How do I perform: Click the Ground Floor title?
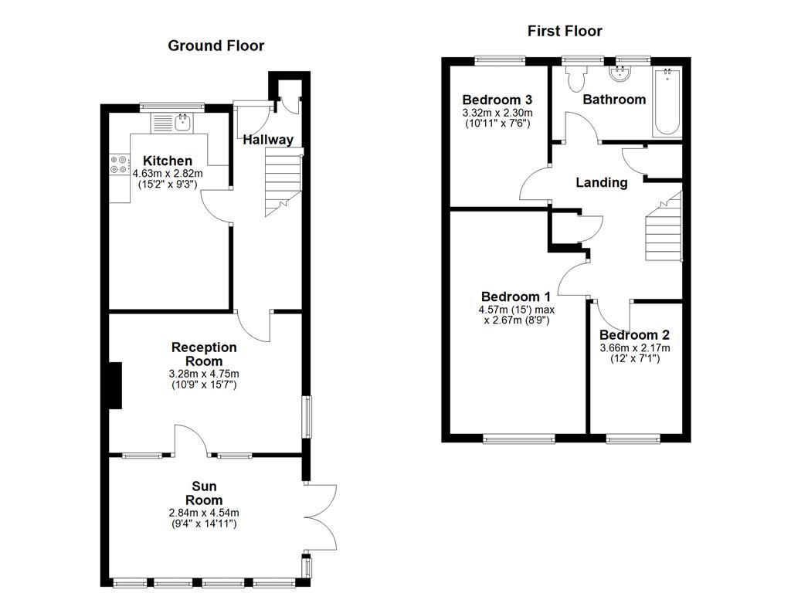(x=216, y=46)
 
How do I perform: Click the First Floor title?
(x=565, y=31)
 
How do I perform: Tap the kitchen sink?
(x=183, y=121)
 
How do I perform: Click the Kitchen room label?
(x=168, y=161)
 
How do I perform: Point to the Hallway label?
(x=268, y=140)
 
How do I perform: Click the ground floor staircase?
(x=282, y=184)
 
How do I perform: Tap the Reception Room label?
(x=204, y=354)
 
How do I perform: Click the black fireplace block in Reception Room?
(x=115, y=385)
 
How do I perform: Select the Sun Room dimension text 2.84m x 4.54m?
(x=204, y=513)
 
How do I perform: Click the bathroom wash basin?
(x=620, y=74)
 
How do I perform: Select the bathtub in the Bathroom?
(x=667, y=103)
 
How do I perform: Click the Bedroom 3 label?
(x=497, y=100)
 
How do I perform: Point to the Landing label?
(x=602, y=183)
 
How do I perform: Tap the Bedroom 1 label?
(x=515, y=296)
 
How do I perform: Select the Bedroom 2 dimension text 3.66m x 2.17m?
(x=634, y=348)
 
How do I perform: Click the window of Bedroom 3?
(x=499, y=59)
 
